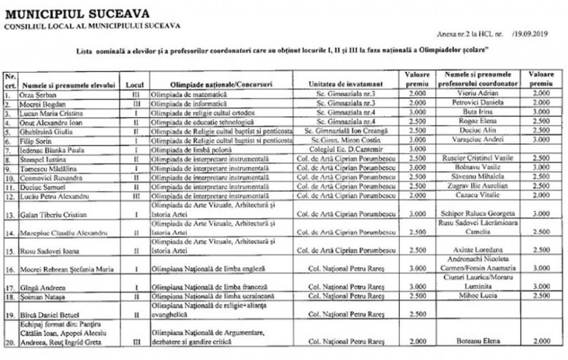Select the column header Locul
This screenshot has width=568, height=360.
[135, 85]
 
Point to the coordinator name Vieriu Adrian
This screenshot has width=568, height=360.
[477, 94]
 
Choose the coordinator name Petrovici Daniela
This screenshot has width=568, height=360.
[477, 103]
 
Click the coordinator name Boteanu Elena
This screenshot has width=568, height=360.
[477, 342]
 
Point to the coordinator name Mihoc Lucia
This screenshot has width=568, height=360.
[477, 295]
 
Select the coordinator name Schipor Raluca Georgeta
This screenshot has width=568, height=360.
[477, 213]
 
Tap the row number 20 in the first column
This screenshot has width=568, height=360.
[9, 342]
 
